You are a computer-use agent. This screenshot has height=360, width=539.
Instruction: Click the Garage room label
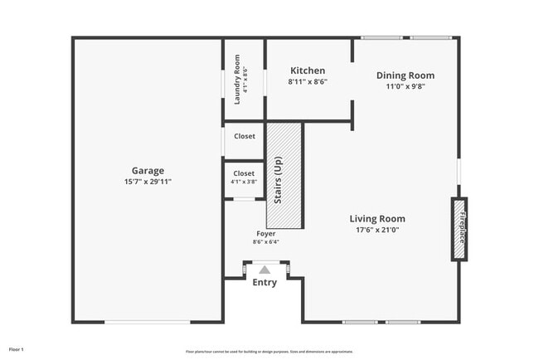[148, 171]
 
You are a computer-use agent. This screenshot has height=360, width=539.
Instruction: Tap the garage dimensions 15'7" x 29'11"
[148, 181]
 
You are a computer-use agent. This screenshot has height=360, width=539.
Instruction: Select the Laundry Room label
[237, 80]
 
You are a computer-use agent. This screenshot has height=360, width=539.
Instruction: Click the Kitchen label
[307, 71]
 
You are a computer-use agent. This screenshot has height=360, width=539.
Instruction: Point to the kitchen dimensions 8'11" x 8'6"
[307, 82]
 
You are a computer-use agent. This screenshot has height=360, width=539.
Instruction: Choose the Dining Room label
[405, 75]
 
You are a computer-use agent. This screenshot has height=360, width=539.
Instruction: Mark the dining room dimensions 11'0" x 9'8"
[405, 86]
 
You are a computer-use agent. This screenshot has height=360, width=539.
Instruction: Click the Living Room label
[377, 219]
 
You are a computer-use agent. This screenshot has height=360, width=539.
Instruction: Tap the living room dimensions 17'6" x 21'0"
[377, 230]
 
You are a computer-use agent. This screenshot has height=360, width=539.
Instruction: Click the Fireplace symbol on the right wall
[459, 230]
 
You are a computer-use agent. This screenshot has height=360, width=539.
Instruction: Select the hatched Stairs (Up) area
[284, 176]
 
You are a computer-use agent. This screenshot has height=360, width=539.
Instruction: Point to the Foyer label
[266, 234]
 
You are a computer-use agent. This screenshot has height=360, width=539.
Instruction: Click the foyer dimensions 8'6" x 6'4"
[266, 242]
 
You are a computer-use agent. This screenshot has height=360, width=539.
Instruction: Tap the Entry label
[265, 283]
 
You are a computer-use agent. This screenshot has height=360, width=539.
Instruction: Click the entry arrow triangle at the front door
[265, 269]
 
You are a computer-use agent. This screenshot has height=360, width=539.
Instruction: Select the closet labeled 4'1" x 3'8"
[244, 178]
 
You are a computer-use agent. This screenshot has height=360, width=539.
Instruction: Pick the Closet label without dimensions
[244, 136]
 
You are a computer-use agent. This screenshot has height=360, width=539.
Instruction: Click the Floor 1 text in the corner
[16, 349]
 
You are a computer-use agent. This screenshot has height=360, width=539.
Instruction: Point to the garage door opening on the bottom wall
[147, 322]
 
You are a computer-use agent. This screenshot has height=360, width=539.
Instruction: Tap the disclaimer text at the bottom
[269, 351]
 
